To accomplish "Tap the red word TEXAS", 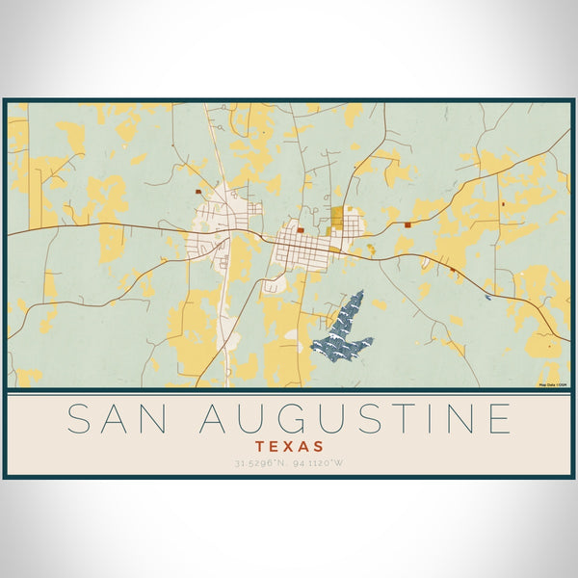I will pos(290,447).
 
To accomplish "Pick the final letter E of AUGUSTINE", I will pos(497,419).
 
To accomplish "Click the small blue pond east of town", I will pos(488,298).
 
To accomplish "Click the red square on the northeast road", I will pos(407,224).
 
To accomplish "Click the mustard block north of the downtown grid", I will pos(336,218).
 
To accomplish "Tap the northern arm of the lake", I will pos(354,306).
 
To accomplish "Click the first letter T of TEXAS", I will pos(262,447).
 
